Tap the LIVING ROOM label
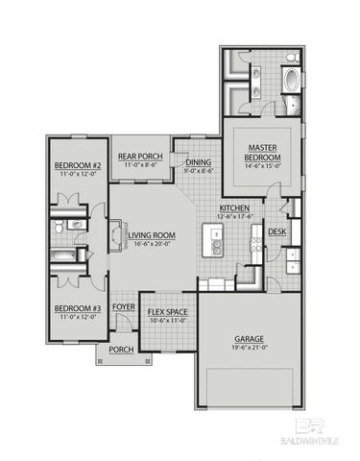point(152,233)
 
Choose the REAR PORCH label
point(139,157)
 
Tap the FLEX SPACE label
point(167,312)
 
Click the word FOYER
point(124,307)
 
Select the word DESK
point(276,231)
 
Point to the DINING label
point(199,163)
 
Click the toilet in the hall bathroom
point(60,227)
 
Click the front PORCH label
point(121,350)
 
